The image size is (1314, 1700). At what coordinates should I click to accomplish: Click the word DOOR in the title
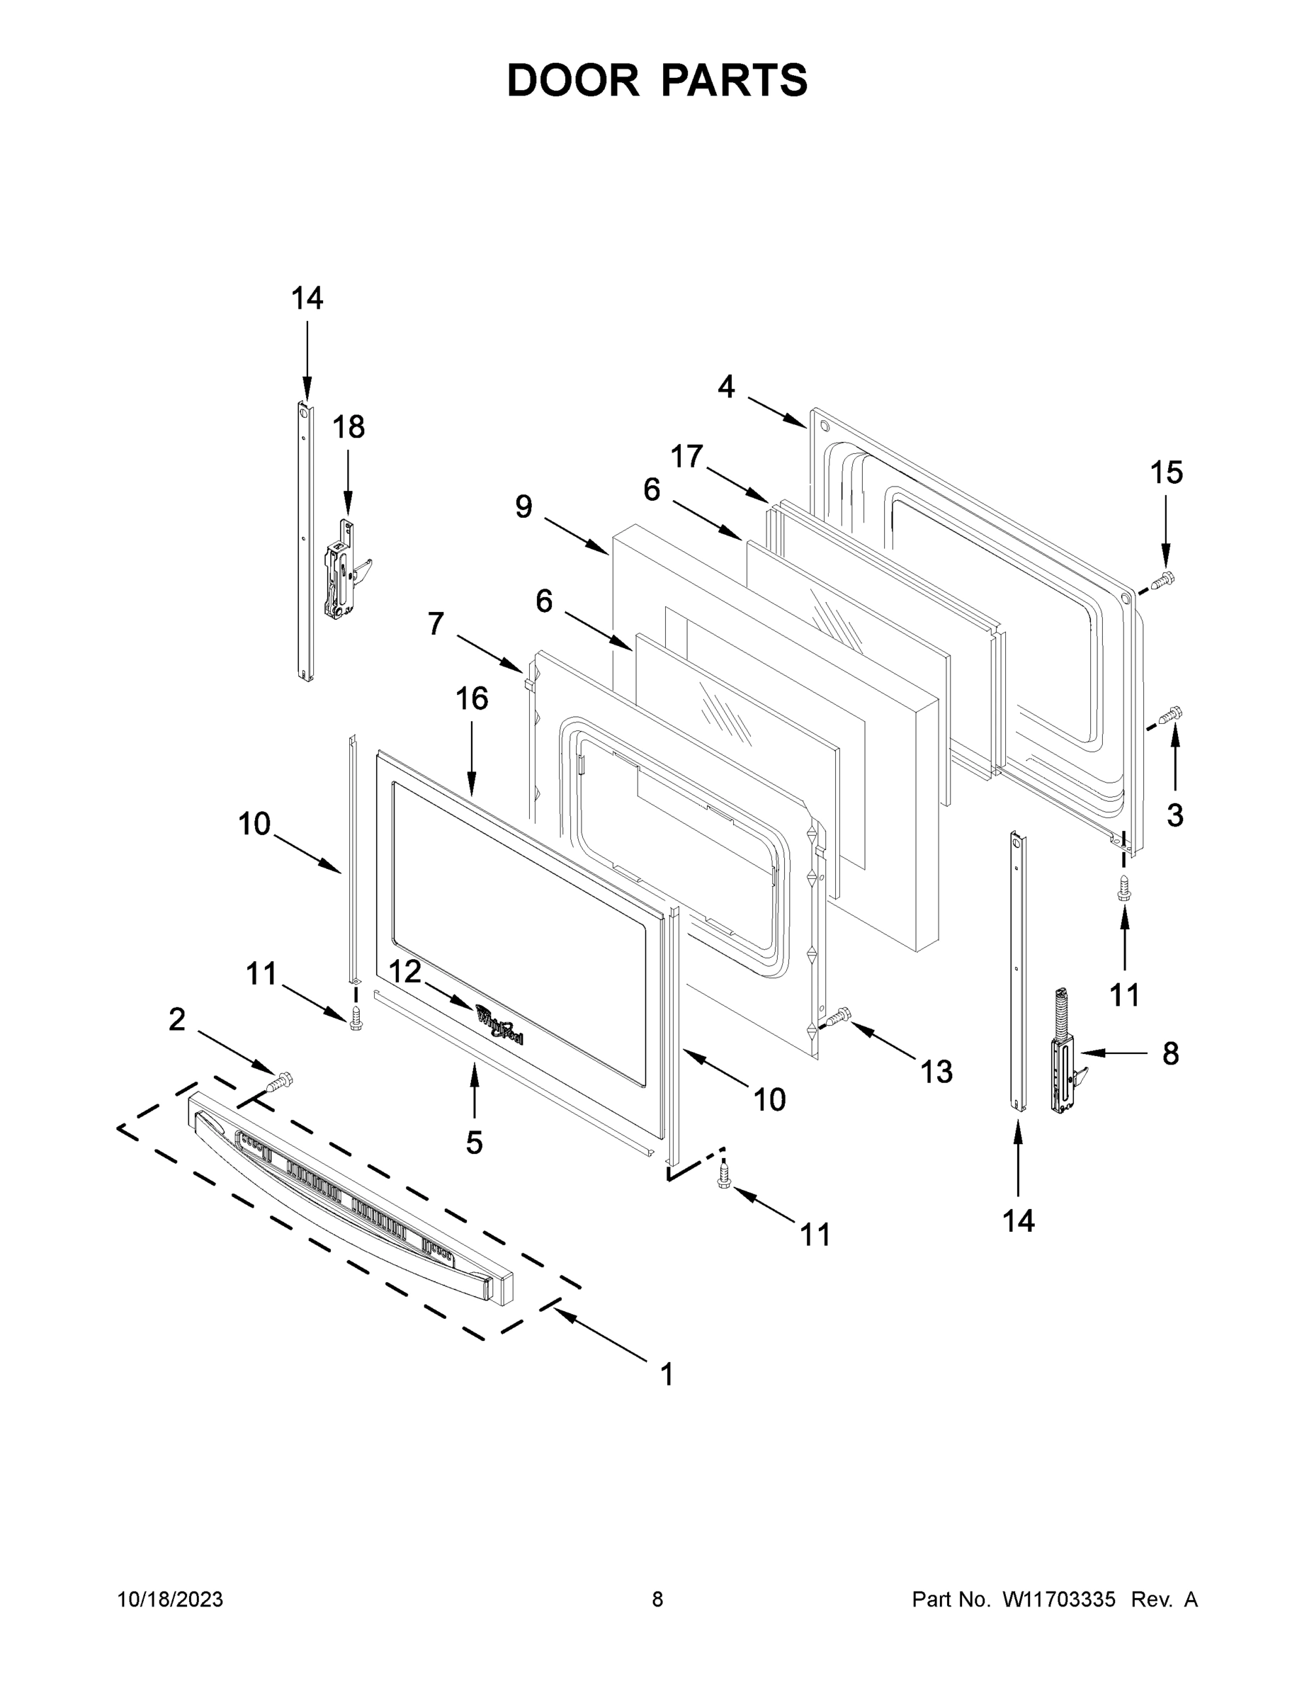coord(572,81)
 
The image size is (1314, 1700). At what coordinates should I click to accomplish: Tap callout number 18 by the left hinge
coord(348,427)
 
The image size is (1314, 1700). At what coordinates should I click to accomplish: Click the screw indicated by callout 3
coord(1170,714)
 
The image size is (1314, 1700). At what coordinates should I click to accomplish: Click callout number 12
coord(404,973)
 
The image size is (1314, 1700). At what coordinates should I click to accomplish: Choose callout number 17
coord(686,456)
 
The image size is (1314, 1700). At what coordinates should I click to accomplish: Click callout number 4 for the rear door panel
coord(725,387)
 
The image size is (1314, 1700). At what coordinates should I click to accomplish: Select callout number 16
coord(472,699)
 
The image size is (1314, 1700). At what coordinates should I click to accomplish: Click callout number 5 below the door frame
coord(474,1143)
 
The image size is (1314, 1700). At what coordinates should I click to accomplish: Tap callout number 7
coord(435,623)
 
